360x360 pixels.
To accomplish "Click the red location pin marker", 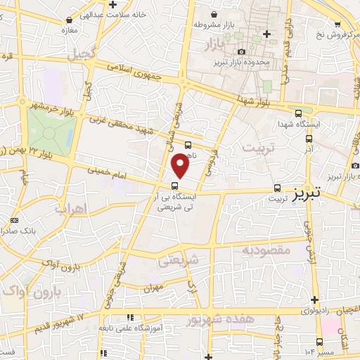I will click(x=181, y=165).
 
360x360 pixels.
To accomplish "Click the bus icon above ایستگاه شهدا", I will click(x=299, y=113).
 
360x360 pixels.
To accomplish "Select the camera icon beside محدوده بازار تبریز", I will click(x=242, y=51).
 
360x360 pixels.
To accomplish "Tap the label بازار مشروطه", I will click(x=221, y=26).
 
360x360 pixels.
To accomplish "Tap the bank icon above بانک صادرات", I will click(x=15, y=220).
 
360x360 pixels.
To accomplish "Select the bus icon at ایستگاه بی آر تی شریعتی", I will click(x=174, y=186).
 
